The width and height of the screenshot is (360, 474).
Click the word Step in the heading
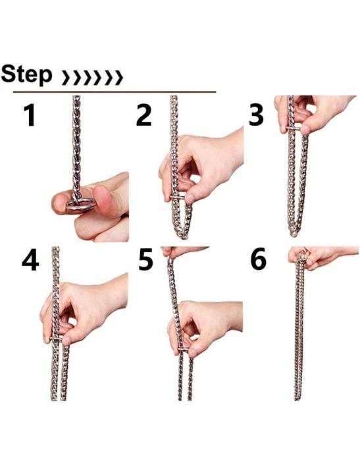point(27,74)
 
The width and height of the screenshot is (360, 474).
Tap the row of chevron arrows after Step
point(91,78)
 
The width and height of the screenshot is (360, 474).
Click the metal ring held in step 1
point(79,205)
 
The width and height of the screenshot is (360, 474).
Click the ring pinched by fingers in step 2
point(179,197)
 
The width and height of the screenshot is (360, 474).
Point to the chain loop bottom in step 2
point(181,234)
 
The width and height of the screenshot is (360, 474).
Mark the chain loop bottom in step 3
point(296,232)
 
